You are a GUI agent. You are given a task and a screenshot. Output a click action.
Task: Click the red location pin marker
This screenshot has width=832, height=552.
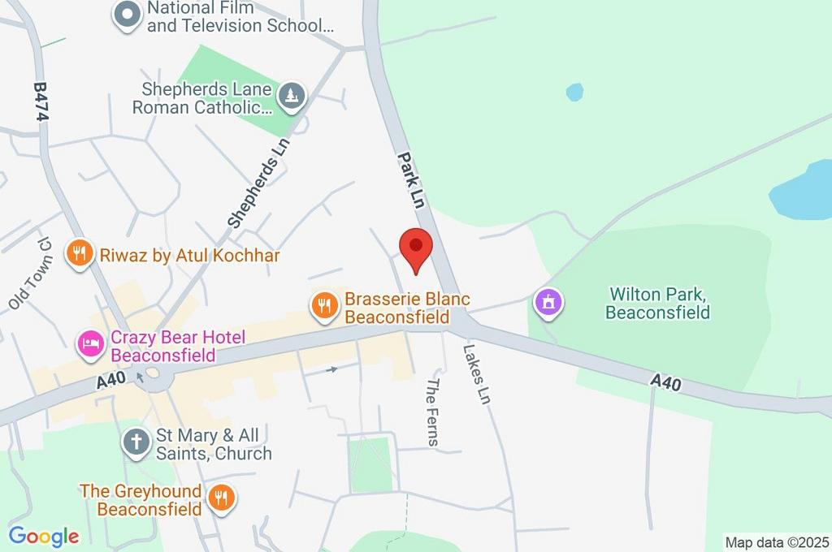click(x=416, y=247)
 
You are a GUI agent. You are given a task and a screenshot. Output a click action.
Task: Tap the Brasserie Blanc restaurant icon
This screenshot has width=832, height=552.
click(x=324, y=306)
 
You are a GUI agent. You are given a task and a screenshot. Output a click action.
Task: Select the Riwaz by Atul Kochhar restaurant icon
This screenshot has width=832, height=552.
click(x=79, y=255)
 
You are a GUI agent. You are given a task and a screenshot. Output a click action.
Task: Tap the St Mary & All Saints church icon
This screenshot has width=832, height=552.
click(x=136, y=443)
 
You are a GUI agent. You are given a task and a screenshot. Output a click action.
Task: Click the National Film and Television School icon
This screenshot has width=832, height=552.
click(x=127, y=15)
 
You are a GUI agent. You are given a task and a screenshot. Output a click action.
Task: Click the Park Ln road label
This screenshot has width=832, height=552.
click(x=411, y=180)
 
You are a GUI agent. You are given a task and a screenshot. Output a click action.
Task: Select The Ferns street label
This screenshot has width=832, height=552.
click(x=433, y=412)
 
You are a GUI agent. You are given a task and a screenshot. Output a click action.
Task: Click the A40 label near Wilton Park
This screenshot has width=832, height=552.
click(x=665, y=382)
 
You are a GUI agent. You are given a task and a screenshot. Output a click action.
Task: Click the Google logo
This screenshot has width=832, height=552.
click(x=44, y=537)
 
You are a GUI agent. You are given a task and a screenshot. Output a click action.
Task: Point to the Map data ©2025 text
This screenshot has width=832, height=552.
click(x=777, y=542)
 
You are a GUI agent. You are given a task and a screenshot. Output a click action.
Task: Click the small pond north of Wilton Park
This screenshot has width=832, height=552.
click(x=574, y=92)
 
